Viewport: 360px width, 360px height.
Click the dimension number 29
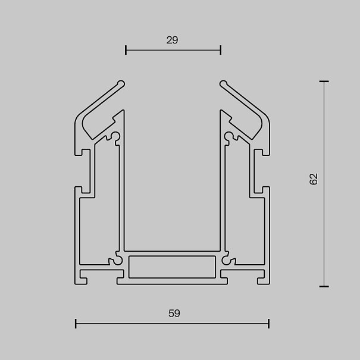click(172, 40)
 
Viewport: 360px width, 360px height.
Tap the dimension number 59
click(174, 314)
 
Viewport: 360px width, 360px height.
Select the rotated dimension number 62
click(314, 179)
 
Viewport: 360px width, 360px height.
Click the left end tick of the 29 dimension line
click(126, 50)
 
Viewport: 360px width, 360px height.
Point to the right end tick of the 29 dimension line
click(221, 50)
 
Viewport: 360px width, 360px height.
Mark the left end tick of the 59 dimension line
click(76, 324)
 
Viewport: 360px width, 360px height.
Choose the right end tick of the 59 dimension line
click(268, 324)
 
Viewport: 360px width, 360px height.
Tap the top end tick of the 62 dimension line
click(324, 82)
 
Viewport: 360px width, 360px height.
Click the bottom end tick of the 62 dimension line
click(324, 287)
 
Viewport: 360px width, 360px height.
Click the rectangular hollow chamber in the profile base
click(172, 267)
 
